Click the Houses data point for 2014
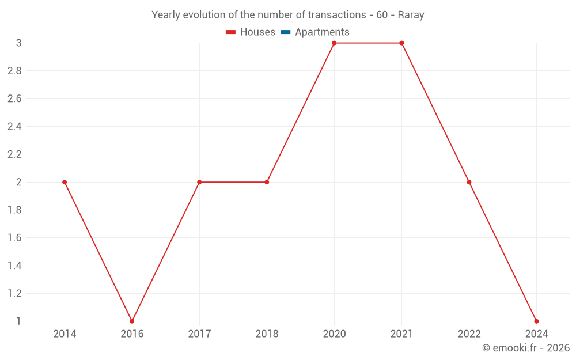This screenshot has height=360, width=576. click(65, 182)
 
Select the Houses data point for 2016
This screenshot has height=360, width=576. click(132, 321)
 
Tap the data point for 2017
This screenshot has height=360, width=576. click(199, 182)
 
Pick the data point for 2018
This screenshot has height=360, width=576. click(267, 182)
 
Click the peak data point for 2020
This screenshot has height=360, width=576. click(334, 43)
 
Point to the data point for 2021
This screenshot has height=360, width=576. click(401, 43)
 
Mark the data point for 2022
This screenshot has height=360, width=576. click(469, 182)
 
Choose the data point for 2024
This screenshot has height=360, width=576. click(536, 321)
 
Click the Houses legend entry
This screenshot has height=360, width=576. click(251, 32)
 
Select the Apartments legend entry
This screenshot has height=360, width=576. click(315, 32)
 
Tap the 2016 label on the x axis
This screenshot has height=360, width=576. click(132, 334)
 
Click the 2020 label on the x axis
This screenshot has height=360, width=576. click(334, 334)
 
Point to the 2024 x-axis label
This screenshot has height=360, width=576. click(536, 334)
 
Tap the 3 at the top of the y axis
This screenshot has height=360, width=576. click(18, 43)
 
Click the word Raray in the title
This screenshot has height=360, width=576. click(411, 15)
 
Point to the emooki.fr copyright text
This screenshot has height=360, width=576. click(526, 348)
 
